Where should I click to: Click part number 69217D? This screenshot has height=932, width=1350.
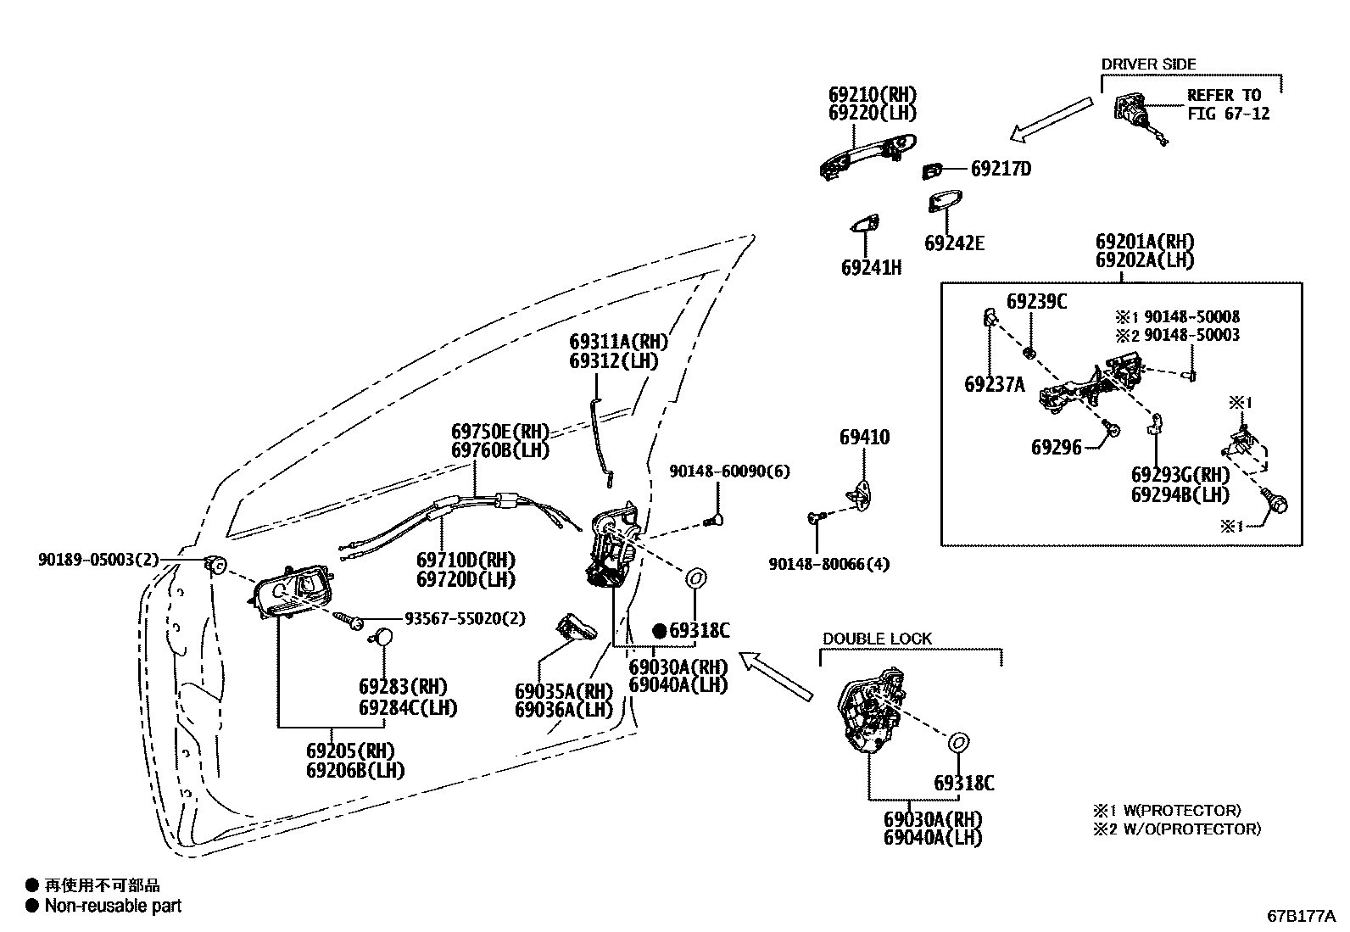pyautogui.click(x=1001, y=169)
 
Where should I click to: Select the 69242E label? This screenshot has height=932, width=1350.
pyautogui.click(x=954, y=243)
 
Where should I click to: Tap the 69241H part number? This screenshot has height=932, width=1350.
pyautogui.click(x=871, y=268)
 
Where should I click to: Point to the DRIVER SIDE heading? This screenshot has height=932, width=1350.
pyautogui.click(x=1148, y=64)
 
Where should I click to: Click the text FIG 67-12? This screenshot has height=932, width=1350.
pyautogui.click(x=1228, y=113)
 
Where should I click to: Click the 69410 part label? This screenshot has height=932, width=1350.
pyautogui.click(x=864, y=438)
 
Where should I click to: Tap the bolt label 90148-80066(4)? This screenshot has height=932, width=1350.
pyautogui.click(x=829, y=563)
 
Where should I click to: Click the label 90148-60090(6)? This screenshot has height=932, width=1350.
pyautogui.click(x=729, y=471)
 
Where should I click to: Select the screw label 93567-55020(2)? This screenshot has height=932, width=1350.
pyautogui.click(x=464, y=619)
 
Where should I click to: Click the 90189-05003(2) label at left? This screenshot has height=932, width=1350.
pyautogui.click(x=98, y=560)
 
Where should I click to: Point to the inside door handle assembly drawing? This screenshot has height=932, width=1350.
pyautogui.click(x=293, y=591)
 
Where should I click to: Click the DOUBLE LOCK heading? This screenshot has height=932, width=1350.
pyautogui.click(x=877, y=639)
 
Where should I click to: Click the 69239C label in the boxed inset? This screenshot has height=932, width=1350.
pyautogui.click(x=1036, y=301)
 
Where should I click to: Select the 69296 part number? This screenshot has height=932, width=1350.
pyautogui.click(x=1056, y=447)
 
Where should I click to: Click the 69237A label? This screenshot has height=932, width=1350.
pyautogui.click(x=994, y=384)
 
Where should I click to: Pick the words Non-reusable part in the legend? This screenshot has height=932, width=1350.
pyautogui.click(x=113, y=906)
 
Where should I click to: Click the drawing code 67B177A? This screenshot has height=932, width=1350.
pyautogui.click(x=1301, y=916)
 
